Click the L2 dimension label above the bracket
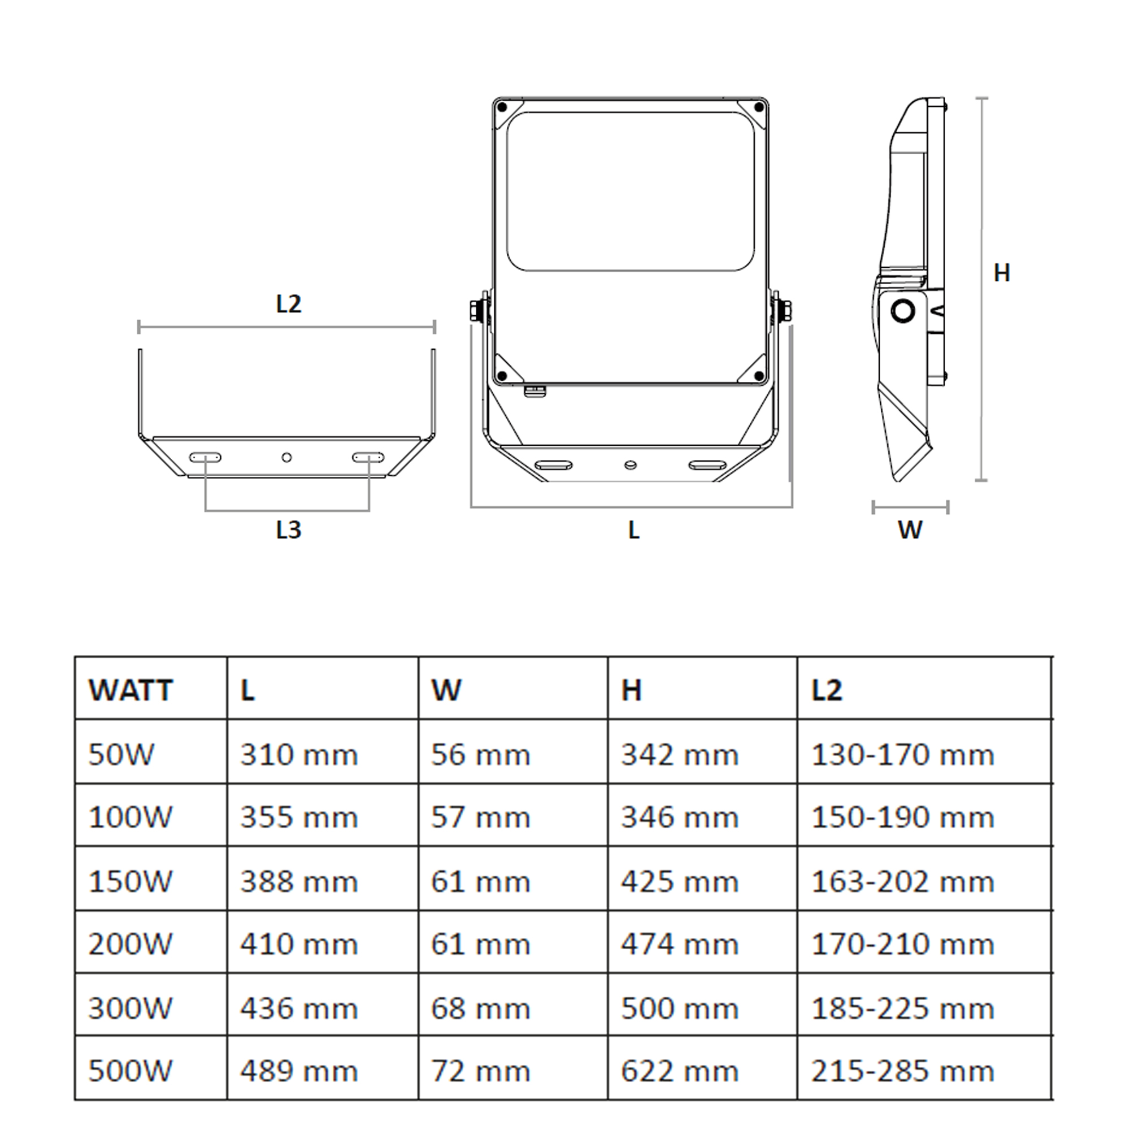tap(288, 304)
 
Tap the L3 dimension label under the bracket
tap(288, 530)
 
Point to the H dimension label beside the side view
tap(1002, 273)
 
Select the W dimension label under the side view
tap(910, 530)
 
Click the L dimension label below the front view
tap(633, 530)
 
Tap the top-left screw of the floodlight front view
tap(502, 107)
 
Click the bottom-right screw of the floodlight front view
tap(759, 376)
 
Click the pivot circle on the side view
tap(903, 311)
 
